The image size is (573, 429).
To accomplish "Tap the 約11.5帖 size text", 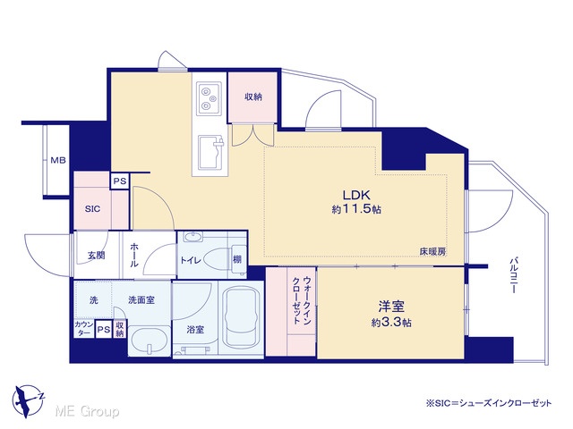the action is pyautogui.click(x=356, y=209).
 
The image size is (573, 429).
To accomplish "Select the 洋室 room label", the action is pyautogui.click(x=391, y=307).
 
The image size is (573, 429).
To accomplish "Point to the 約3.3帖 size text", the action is pyautogui.click(x=391, y=323).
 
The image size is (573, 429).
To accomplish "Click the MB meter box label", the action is pyautogui.click(x=58, y=160).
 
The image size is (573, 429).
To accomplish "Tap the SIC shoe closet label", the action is pyautogui.click(x=92, y=209).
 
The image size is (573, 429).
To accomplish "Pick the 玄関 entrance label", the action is pyautogui.click(x=97, y=256).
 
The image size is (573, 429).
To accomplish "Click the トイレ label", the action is pyautogui.click(x=191, y=260).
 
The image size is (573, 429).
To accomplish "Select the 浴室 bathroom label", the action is pyautogui.click(x=195, y=330).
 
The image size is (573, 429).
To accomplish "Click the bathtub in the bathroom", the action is pyautogui.click(x=241, y=316).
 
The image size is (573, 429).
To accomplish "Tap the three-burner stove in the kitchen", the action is pyautogui.click(x=210, y=97).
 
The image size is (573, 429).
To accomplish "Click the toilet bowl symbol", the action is pyautogui.click(x=218, y=260).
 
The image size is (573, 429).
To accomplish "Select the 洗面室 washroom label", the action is pyautogui.click(x=141, y=300).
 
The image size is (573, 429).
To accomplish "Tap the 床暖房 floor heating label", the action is pyautogui.click(x=432, y=251).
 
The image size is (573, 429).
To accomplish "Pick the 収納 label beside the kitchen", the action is pyautogui.click(x=253, y=97).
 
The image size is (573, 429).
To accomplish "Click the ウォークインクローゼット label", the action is pyautogui.click(x=302, y=301).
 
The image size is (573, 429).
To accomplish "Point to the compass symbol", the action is pyautogui.click(x=28, y=401).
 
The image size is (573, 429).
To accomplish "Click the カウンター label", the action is pyautogui.click(x=84, y=328).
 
